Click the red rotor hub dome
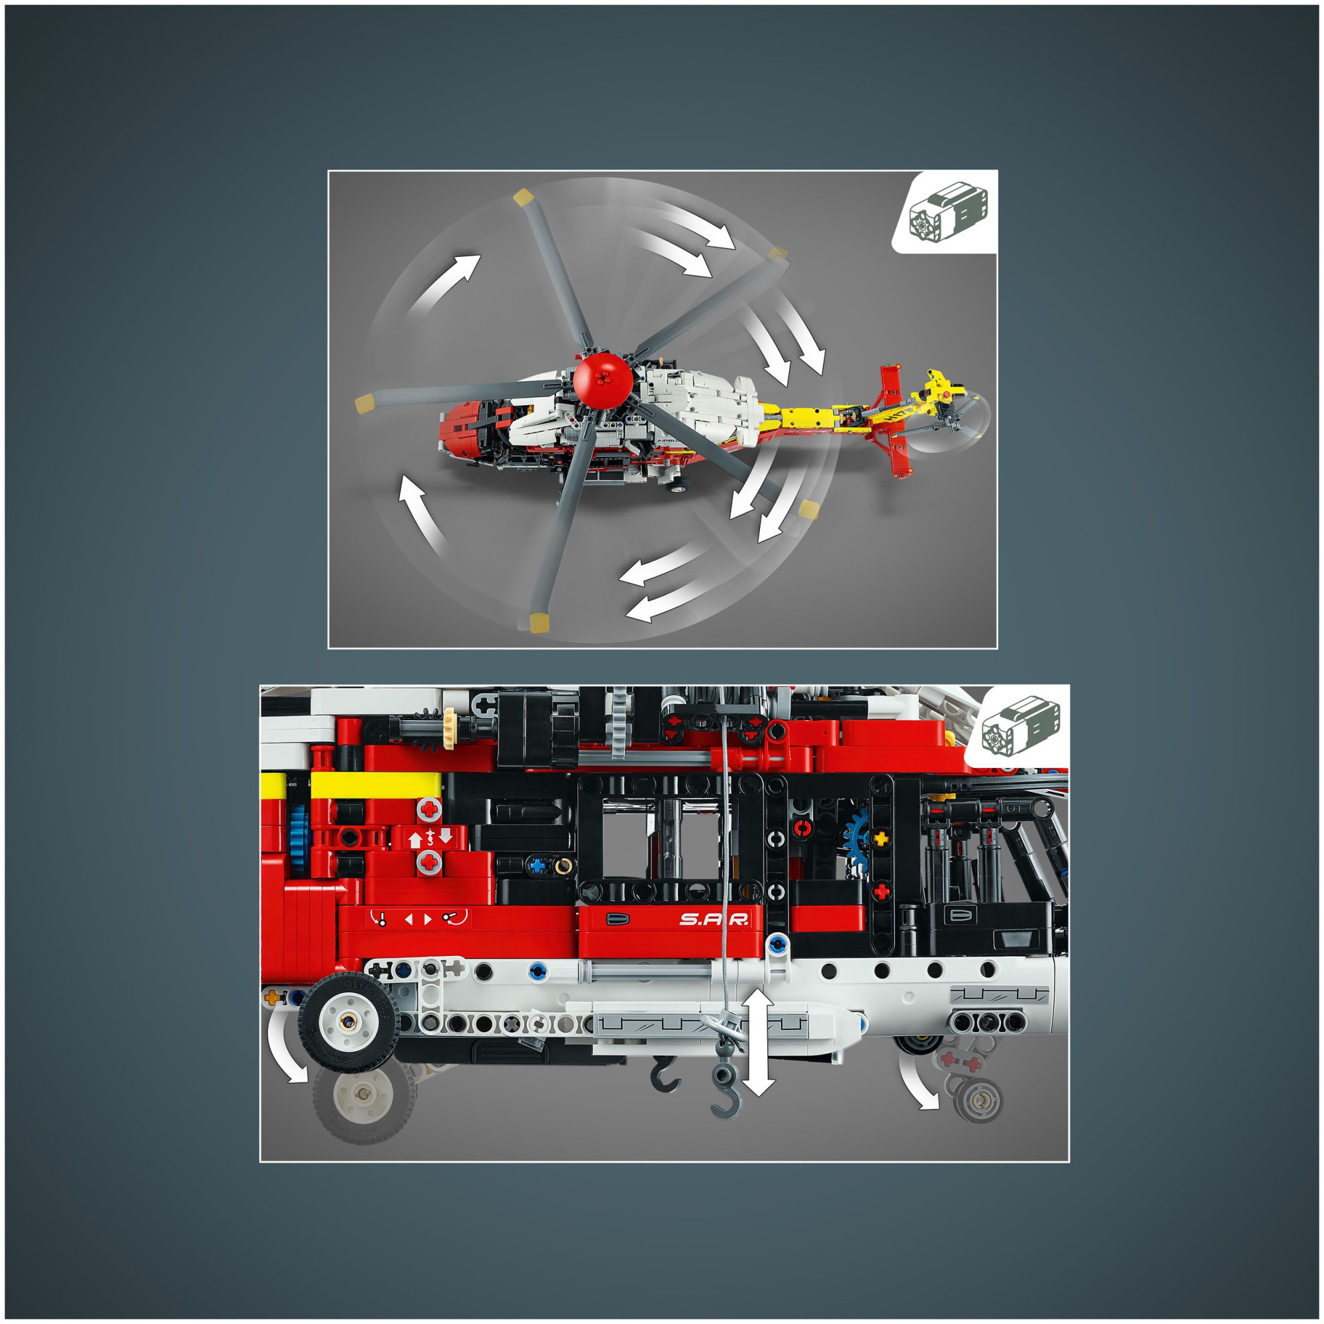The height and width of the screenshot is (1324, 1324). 602,381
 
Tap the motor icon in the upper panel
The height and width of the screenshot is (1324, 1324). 948,214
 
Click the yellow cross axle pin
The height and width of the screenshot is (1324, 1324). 880,838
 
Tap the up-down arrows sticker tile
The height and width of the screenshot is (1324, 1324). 430,837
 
